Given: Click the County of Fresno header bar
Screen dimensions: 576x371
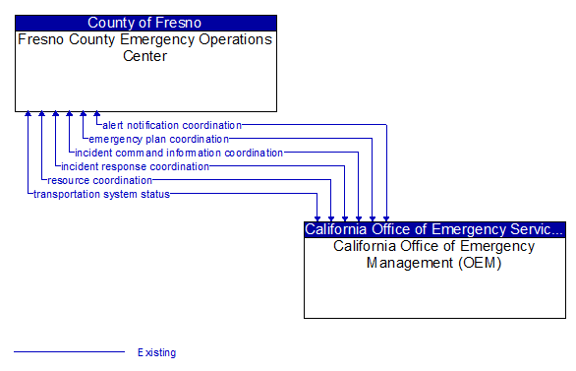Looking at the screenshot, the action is pos(145,23).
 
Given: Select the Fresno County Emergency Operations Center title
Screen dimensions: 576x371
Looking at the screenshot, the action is pos(145,47).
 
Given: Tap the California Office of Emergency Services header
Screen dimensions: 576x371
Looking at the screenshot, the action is pos(434,229).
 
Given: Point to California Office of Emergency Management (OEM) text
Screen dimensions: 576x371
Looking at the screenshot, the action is pos(434,254).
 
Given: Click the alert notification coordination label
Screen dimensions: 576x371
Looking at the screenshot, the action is pos(171,125).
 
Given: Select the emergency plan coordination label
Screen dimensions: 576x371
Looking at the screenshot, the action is pos(158,139).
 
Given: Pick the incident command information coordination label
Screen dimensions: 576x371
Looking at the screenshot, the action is pos(179,153).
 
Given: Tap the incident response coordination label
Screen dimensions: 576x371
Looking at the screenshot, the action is pos(135,166).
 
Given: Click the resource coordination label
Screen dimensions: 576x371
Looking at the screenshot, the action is pos(99,180).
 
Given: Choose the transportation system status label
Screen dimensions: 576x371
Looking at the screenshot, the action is pos(101,194).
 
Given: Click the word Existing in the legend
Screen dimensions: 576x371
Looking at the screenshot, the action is pos(156,352).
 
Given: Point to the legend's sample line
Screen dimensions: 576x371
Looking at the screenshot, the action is pos(69,351).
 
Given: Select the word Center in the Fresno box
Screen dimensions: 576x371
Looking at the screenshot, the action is pos(145,56).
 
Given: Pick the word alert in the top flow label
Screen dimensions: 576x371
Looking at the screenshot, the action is pos(113,125).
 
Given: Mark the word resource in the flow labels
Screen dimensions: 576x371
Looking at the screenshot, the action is pos(69,180).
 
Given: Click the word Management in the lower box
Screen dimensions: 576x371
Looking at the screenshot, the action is pos(407,263).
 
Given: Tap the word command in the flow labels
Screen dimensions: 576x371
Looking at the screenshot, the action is pos(142,153).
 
